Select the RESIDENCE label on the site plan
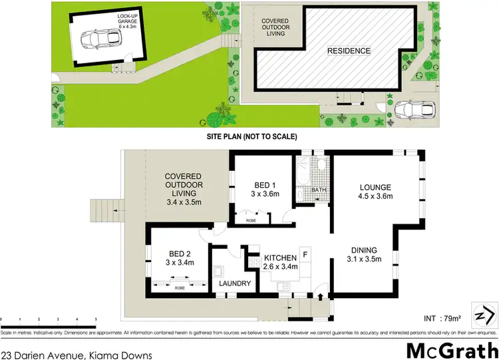coord(348,51)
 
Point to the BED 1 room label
coord(262,189)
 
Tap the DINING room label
coord(366,256)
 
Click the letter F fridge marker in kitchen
coord(305,254)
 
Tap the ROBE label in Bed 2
coord(180,288)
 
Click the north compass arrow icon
coord(484,312)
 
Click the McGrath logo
coord(451,349)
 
